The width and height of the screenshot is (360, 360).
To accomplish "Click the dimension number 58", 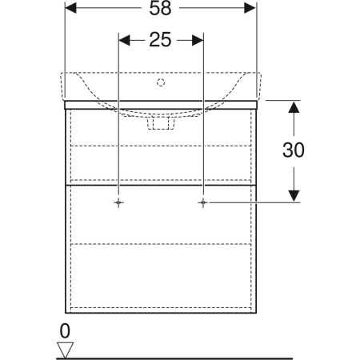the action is pyautogui.click(x=160, y=8).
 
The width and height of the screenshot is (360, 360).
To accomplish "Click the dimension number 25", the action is pyautogui.click(x=160, y=40).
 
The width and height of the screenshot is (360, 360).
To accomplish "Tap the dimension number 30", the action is pyautogui.click(x=294, y=150).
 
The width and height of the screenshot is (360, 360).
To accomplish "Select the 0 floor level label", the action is pyautogui.click(x=65, y=331).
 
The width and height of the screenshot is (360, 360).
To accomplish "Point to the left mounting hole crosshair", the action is pyautogui.click(x=118, y=203).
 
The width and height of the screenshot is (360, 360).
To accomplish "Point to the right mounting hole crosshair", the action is pyautogui.click(x=203, y=203).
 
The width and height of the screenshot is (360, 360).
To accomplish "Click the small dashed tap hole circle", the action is pyautogui.click(x=161, y=82).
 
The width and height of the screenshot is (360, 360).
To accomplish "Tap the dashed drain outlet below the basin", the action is pyautogui.click(x=161, y=123).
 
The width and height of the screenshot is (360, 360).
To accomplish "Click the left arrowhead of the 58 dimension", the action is pyautogui.click(x=70, y=8).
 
